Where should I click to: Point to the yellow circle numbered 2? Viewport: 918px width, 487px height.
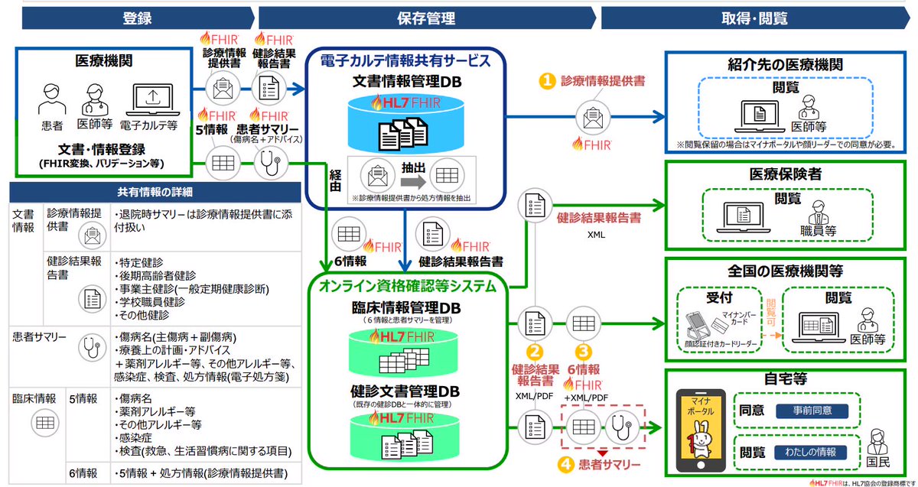pos(537,352)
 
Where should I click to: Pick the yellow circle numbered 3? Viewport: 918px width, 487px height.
pos(585,352)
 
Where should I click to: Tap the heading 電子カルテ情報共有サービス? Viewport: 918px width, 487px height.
pos(405,60)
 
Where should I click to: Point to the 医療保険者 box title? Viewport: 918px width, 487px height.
pos(786,175)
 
